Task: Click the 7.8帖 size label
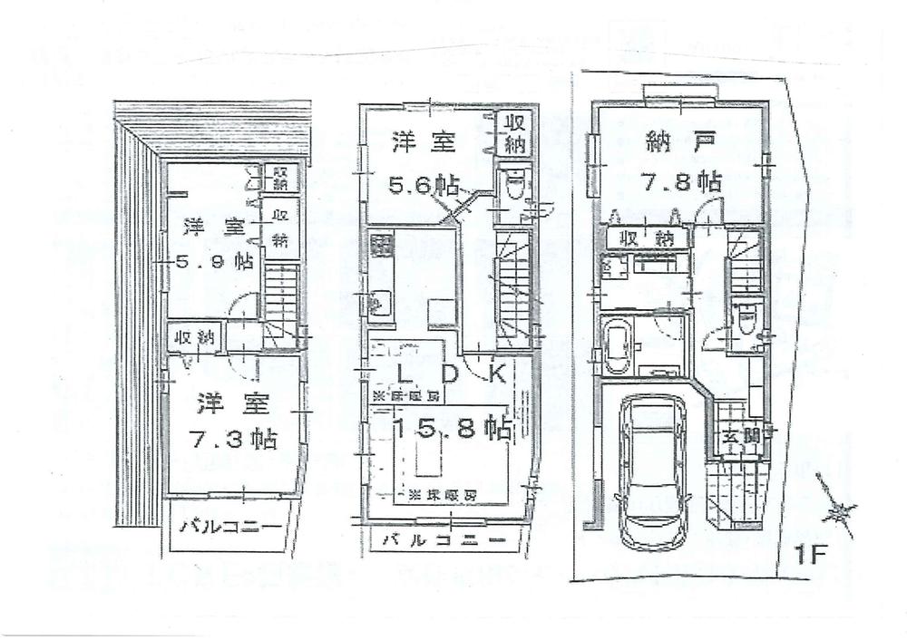pos(683,181)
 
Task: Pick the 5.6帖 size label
pos(422,185)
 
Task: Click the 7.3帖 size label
pos(233,440)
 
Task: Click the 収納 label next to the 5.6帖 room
pos(512,134)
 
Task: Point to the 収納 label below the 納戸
pos(646,238)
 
